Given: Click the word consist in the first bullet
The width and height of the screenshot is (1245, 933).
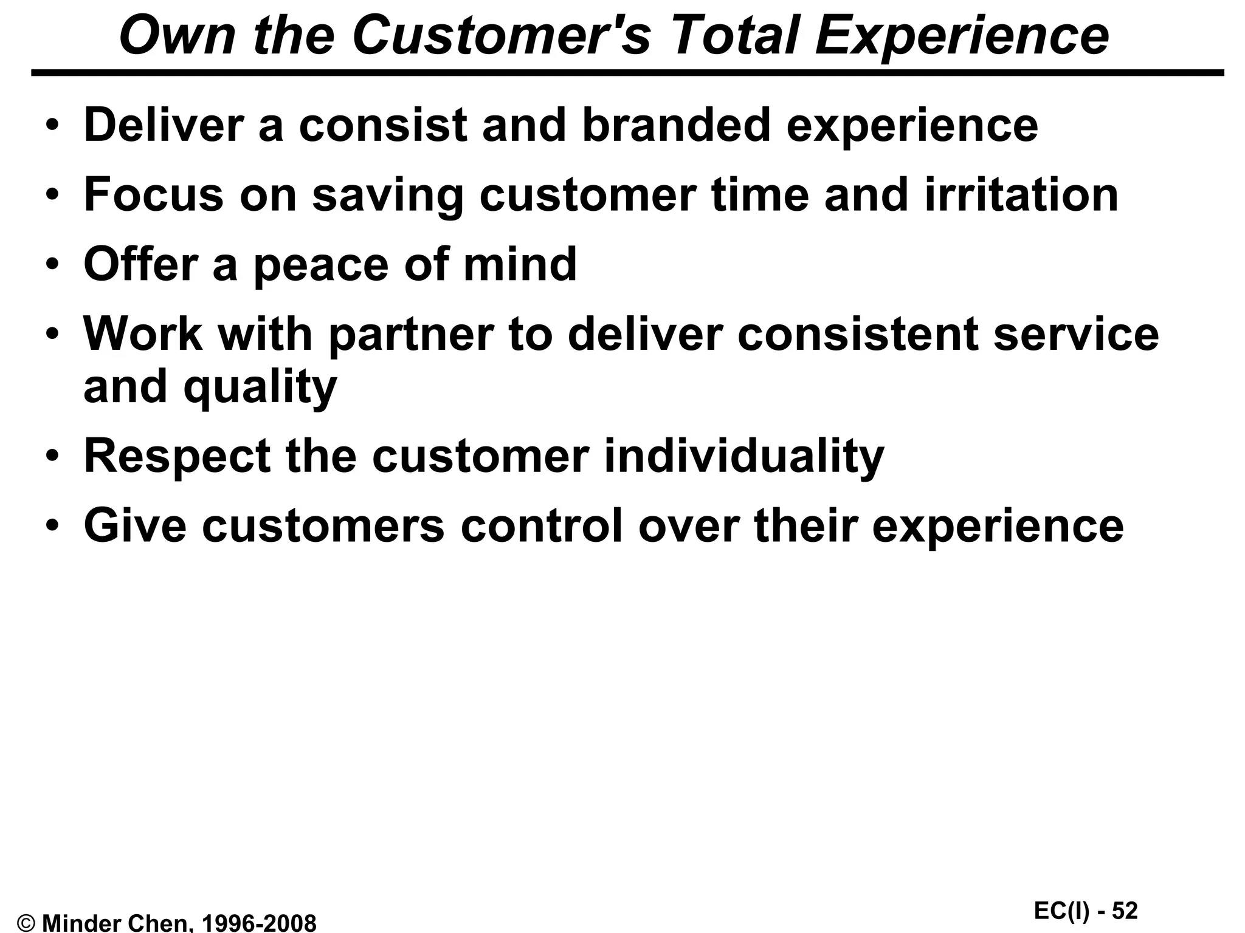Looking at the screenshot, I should [x=383, y=126].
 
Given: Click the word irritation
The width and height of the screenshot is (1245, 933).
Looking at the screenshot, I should [x=1021, y=195].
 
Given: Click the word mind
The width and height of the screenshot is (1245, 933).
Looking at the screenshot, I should [x=520, y=265].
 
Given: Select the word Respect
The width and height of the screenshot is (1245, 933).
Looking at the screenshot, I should [x=177, y=456].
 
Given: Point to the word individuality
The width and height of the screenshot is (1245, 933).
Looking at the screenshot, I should [x=744, y=456].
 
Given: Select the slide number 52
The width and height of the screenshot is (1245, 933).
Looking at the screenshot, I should [x=1125, y=911].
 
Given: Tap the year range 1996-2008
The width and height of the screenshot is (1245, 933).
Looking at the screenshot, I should [x=258, y=923].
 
